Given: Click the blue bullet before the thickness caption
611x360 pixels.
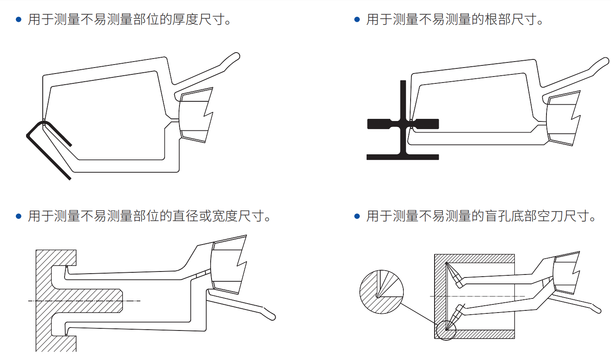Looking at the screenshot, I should coord(18,20).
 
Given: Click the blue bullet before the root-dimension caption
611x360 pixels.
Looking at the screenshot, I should coord(357,20).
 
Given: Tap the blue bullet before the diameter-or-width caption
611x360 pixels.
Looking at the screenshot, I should coord(18,216).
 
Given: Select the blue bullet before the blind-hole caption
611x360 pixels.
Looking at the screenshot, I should coord(357,216).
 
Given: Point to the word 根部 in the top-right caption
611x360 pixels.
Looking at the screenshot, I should coord(498,20).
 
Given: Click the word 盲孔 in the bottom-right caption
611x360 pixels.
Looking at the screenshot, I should coord(498,216).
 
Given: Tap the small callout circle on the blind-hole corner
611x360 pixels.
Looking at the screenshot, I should coord(446,330).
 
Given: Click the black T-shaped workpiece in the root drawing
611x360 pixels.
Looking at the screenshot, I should coord(403,124).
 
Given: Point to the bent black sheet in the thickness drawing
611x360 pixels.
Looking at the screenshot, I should coord(47,150).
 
